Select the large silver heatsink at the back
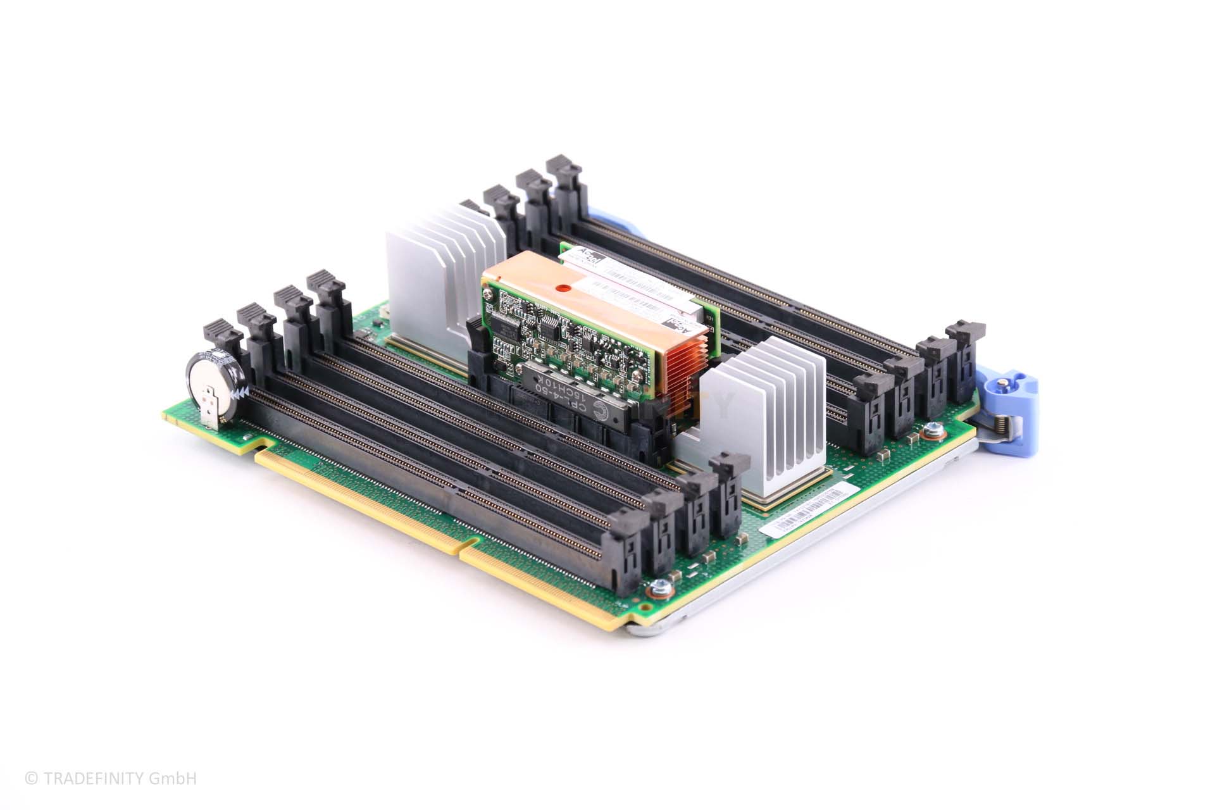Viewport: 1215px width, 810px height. (x=437, y=278)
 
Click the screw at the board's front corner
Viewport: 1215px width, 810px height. (x=656, y=590)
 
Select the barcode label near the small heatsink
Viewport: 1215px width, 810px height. (x=804, y=506)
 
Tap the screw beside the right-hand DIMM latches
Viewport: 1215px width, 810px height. (x=930, y=432)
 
